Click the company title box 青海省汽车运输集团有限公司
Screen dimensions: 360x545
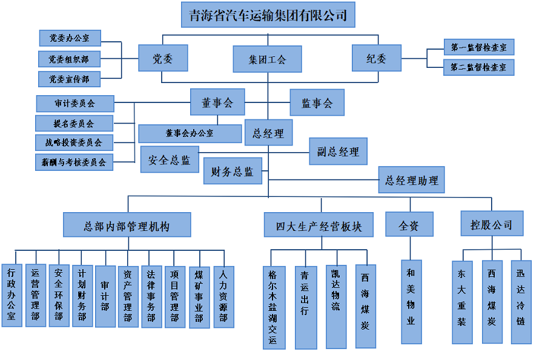point(268,15)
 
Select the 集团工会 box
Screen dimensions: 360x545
point(267,59)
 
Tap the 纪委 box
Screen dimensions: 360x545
point(376,59)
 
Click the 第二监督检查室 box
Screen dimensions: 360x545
point(478,67)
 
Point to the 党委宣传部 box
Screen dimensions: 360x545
point(69,79)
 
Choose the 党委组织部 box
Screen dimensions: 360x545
point(69,59)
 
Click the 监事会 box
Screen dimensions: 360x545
point(317,103)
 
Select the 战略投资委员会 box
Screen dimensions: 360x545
point(74,143)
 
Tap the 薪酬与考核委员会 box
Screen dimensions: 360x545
point(74,162)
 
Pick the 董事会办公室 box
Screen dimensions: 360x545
point(190,133)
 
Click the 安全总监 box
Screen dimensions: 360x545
point(170,160)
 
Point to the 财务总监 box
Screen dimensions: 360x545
point(233,172)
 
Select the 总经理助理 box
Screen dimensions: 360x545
point(412,180)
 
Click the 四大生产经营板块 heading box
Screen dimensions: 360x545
point(319,225)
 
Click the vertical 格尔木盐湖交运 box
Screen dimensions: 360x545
point(274,307)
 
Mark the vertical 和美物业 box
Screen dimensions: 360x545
point(411,301)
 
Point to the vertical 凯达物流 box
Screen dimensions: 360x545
point(336,307)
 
